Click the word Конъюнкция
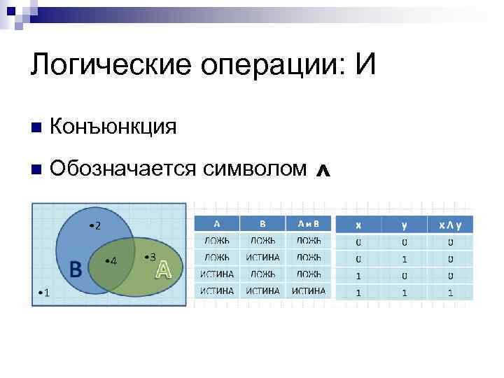click(113, 127)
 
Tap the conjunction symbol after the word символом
click(323, 170)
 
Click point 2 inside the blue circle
click(95, 225)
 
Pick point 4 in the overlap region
click(111, 261)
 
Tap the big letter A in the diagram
click(163, 269)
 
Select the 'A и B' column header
click(309, 224)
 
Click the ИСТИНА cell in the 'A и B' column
click(309, 290)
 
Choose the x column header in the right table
click(358, 225)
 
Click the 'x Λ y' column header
click(451, 225)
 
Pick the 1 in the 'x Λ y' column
click(451, 293)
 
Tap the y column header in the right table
click(405, 225)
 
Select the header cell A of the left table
click(217, 224)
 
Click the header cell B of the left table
click(262, 224)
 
